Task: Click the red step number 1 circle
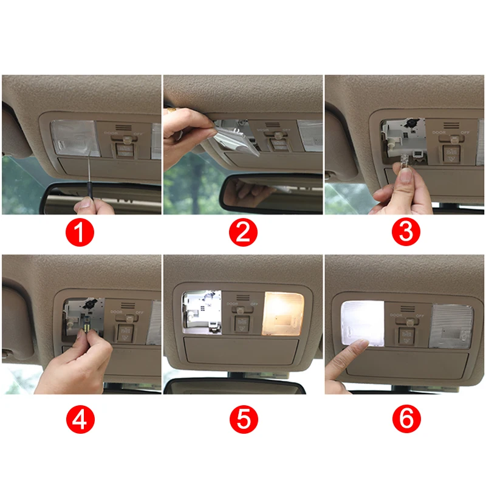81,233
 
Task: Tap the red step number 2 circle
243,233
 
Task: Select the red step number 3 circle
405,233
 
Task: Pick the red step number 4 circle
81,419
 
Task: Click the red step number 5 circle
243,419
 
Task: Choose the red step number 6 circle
405,419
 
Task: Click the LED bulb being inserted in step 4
87,328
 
